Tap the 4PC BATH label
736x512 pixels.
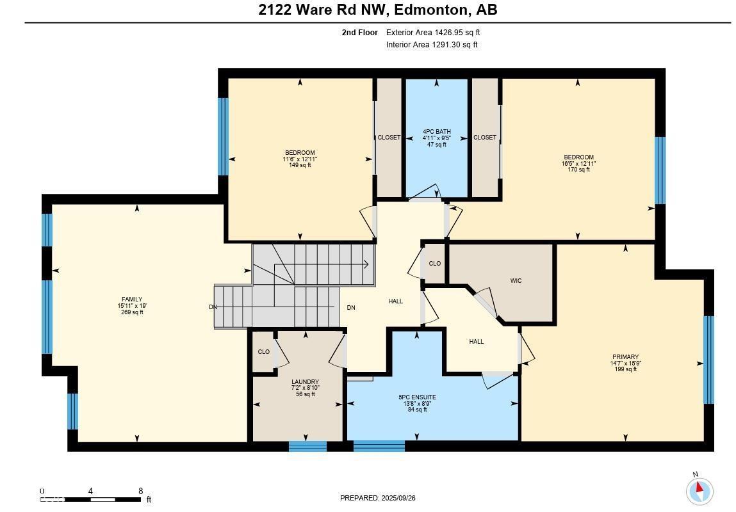pyautogui.click(x=436, y=132)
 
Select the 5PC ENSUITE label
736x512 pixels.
pyautogui.click(x=417, y=397)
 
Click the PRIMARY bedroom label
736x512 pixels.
pyautogui.click(x=625, y=357)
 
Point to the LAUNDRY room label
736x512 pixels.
pyautogui.click(x=305, y=382)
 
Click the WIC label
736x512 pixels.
pyautogui.click(x=516, y=280)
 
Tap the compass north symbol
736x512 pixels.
pyautogui.click(x=699, y=491)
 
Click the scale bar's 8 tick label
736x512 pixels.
pyautogui.click(x=140, y=492)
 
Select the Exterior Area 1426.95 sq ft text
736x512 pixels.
pyautogui.click(x=433, y=32)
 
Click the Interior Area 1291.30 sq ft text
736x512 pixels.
pyautogui.click(x=432, y=45)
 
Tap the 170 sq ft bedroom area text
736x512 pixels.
pyautogui.click(x=578, y=170)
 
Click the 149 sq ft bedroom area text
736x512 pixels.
pyautogui.click(x=300, y=165)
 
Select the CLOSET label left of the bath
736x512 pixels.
pyautogui.click(x=389, y=138)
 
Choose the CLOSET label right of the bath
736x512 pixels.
pyautogui.click(x=485, y=138)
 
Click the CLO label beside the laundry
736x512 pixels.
pyautogui.click(x=263, y=352)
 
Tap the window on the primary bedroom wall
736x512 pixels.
pyautogui.click(x=708, y=360)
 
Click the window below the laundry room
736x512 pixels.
pyautogui.click(x=307, y=446)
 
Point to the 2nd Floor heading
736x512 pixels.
pyautogui.click(x=359, y=32)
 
